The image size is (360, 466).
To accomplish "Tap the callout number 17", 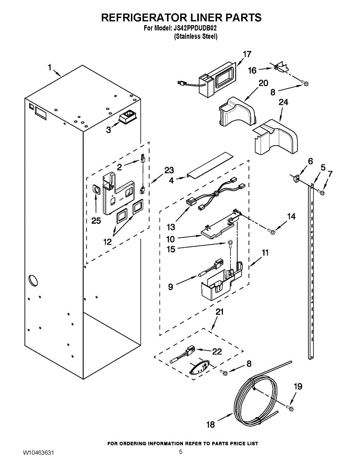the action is click(x=247, y=54).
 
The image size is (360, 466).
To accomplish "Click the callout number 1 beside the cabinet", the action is click(x=50, y=67).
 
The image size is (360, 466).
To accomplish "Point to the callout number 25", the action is click(x=96, y=221).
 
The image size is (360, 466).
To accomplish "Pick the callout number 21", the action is click(x=219, y=312).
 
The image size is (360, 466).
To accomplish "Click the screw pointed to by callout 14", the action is click(x=271, y=231).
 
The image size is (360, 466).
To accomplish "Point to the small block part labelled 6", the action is click(x=296, y=178).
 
